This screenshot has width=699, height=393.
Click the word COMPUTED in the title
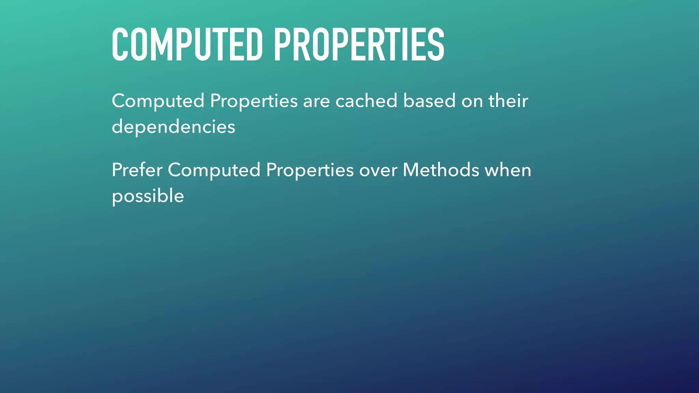coord(187,45)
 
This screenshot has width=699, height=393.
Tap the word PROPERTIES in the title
coord(359,45)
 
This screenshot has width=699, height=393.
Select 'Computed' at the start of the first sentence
coord(158,101)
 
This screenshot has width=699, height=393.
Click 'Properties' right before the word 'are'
coord(254,101)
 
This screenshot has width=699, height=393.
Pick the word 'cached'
coord(366,101)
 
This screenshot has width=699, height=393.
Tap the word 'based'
coord(429,101)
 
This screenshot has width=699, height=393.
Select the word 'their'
coord(508,101)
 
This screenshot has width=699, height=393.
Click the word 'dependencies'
coord(173,127)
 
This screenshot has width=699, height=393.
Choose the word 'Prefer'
coord(137,170)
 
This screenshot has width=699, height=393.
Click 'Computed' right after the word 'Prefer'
coord(214,171)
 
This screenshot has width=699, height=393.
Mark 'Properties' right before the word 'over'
coord(310,171)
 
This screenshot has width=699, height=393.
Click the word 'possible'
coord(148,196)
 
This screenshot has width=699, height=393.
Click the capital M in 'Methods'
coord(412,170)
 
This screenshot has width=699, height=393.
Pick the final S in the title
coord(436,45)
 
